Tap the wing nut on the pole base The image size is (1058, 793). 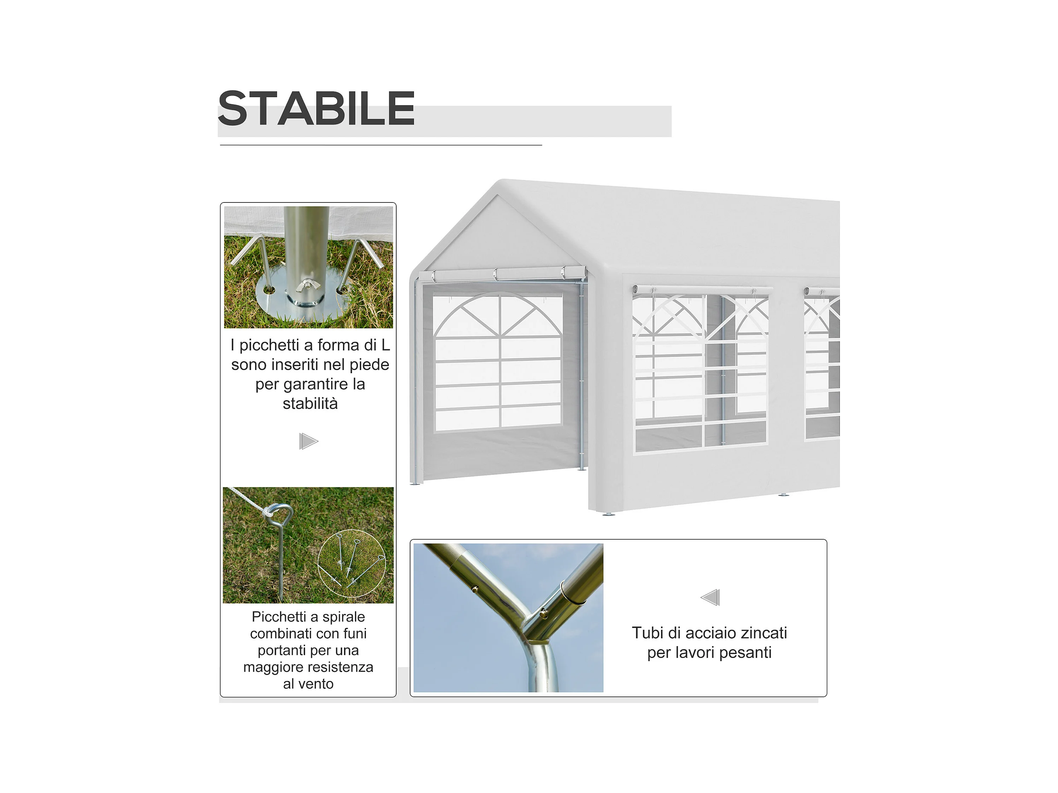[x=305, y=286]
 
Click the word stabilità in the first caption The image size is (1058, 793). [x=310, y=403]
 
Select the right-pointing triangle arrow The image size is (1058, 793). [x=309, y=441]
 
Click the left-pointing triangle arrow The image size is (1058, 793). [x=710, y=597]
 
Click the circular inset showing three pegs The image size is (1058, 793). [x=352, y=563]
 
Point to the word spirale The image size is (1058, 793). [x=344, y=617]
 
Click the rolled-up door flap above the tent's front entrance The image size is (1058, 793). [x=503, y=275]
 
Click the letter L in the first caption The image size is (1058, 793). [x=386, y=345]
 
